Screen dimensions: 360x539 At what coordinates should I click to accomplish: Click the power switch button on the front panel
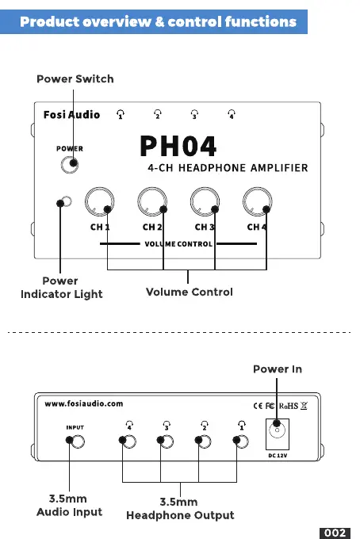(x=70, y=165)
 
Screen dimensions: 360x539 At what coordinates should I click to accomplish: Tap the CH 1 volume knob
(x=100, y=202)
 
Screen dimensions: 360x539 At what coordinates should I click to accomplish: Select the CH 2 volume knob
(x=152, y=202)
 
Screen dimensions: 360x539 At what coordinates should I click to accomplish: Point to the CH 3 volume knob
(x=205, y=202)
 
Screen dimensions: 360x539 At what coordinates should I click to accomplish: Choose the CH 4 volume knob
(x=258, y=202)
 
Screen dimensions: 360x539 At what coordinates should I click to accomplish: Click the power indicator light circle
(x=67, y=201)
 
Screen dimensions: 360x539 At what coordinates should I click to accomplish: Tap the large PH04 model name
(x=178, y=146)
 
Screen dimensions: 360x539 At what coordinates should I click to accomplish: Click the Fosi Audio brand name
(x=71, y=114)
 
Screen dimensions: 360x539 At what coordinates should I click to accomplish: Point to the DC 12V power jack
(x=277, y=430)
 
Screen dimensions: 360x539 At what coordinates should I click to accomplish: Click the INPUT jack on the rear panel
(x=78, y=442)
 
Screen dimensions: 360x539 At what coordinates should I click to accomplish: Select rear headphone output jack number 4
(x=129, y=442)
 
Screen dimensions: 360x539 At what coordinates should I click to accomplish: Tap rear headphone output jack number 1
(x=242, y=442)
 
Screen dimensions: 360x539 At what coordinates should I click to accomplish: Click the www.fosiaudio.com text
(x=83, y=403)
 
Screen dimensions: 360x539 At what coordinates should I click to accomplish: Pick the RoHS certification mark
(x=289, y=406)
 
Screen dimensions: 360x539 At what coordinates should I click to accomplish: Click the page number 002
(x=335, y=533)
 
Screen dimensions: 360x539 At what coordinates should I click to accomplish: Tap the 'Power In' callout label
(x=278, y=369)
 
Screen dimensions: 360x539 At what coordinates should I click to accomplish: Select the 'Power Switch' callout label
(x=75, y=78)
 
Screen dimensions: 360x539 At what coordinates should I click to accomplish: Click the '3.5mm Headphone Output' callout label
(x=180, y=508)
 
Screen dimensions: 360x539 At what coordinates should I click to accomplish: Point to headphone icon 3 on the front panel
(x=194, y=114)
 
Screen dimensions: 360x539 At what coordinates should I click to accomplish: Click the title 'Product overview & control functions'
(x=158, y=21)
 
